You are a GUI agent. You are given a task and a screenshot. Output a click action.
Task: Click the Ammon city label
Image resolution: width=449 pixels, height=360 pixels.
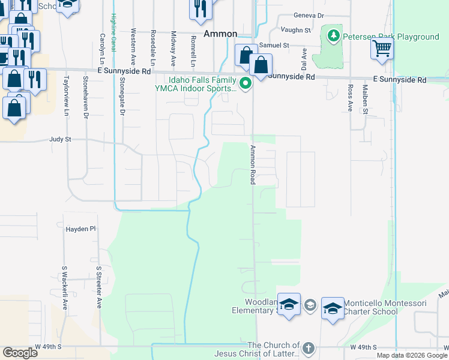pyautogui.click(x=220, y=34)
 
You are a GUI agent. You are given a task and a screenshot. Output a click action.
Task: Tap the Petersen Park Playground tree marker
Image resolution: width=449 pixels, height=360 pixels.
pyautogui.click(x=334, y=36)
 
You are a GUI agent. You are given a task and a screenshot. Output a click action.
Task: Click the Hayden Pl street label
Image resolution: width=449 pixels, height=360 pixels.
pyautogui.click(x=80, y=229)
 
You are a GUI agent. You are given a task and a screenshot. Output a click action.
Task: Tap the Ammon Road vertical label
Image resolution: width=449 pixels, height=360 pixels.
pyautogui.click(x=253, y=164)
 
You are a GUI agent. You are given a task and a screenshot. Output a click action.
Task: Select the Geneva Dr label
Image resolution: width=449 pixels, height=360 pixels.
pyautogui.click(x=309, y=15)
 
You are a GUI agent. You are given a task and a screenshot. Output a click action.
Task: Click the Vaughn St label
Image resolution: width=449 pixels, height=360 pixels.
pyautogui.click(x=296, y=29)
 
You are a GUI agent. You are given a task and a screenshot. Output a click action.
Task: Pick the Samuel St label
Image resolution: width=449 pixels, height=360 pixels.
pyautogui.click(x=274, y=45)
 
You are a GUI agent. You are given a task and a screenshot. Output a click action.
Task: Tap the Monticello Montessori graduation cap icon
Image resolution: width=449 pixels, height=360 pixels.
pyautogui.click(x=332, y=308)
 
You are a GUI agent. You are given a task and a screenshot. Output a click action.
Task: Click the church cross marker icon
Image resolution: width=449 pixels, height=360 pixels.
pyautogui.click(x=308, y=349)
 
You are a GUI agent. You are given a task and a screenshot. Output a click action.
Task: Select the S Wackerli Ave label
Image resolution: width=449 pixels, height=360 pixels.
pyautogui.click(x=65, y=287)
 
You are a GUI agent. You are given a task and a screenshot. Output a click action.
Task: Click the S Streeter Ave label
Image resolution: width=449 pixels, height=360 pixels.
pyautogui.click(x=100, y=287)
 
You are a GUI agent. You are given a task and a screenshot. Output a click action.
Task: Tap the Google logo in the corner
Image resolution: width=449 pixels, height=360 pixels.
pyautogui.click(x=20, y=352)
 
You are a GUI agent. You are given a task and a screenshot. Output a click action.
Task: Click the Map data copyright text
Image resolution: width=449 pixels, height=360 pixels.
pyautogui.click(x=412, y=355)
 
